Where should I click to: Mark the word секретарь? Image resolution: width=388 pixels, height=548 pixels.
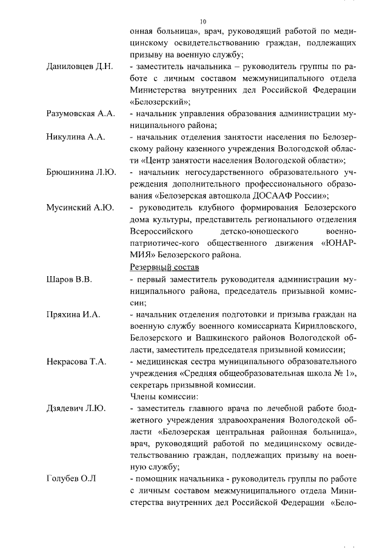point(150,385)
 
